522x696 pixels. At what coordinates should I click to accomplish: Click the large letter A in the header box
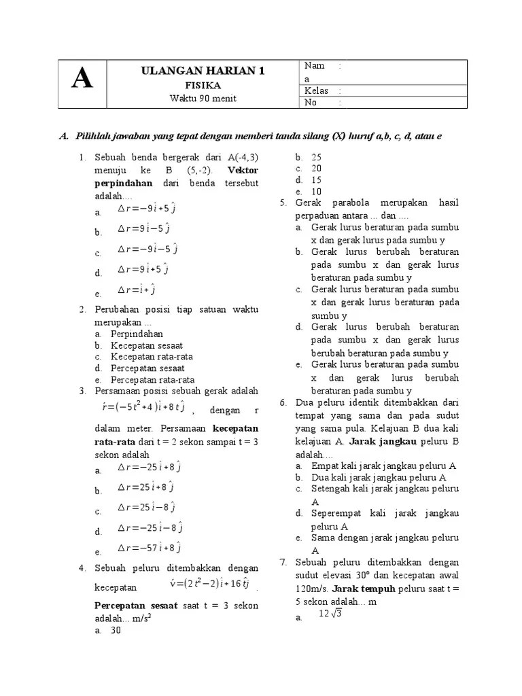click(x=82, y=81)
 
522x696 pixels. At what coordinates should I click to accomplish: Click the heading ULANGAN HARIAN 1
click(x=203, y=71)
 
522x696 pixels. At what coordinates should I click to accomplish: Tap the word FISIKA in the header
click(x=203, y=86)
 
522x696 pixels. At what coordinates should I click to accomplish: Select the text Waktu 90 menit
click(x=203, y=99)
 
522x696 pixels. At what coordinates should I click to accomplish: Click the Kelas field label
click(x=316, y=90)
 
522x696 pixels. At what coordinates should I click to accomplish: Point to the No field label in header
click(x=311, y=103)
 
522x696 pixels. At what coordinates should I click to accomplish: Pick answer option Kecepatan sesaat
click(x=147, y=346)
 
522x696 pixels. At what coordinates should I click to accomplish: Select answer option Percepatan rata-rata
click(x=152, y=380)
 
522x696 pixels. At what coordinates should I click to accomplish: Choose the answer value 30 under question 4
click(x=116, y=631)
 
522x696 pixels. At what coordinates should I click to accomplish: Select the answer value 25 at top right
click(x=316, y=157)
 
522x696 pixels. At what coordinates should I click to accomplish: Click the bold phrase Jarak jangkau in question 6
click(x=376, y=441)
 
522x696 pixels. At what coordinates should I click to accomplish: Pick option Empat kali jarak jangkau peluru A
click(x=383, y=466)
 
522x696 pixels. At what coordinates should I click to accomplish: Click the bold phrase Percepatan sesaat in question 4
click(x=135, y=606)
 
